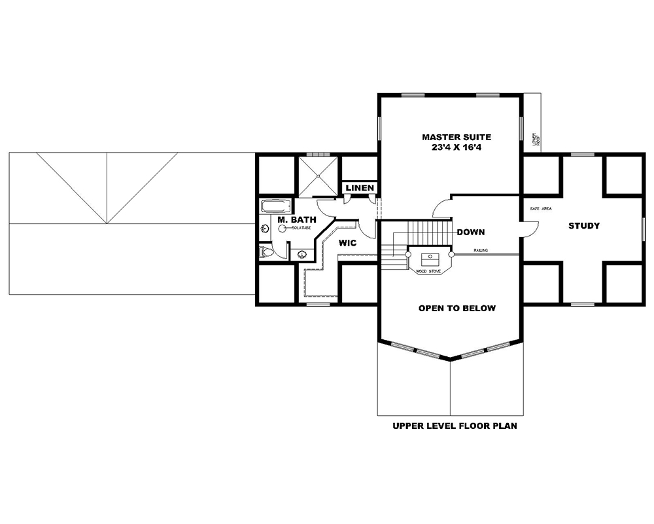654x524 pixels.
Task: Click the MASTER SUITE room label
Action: (x=456, y=137)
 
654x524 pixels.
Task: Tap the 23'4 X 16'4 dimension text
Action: (x=456, y=149)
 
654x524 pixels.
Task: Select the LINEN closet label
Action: (x=360, y=188)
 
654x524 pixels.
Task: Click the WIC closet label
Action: (x=347, y=243)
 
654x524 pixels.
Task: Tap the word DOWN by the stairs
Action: (x=470, y=232)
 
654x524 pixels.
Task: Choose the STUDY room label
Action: (x=583, y=226)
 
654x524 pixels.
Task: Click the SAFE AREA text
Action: (x=540, y=208)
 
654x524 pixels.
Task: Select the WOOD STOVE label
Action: (x=430, y=270)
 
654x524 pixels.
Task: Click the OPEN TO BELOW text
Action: (x=456, y=308)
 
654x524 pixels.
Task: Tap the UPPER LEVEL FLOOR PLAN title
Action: (x=455, y=426)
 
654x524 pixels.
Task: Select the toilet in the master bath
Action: (x=266, y=252)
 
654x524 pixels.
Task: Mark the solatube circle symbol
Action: (x=283, y=229)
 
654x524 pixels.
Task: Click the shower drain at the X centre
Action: (x=319, y=176)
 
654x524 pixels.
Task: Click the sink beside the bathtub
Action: (x=265, y=229)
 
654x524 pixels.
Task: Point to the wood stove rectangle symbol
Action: (x=430, y=257)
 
